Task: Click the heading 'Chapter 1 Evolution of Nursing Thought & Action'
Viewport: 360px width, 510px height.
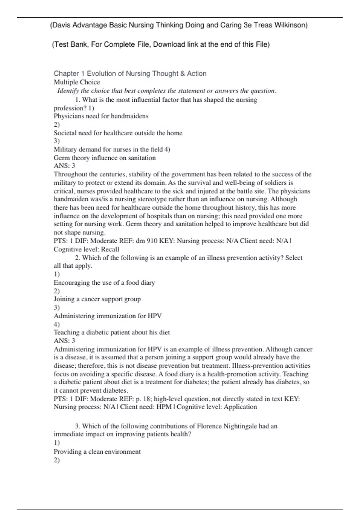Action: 130,73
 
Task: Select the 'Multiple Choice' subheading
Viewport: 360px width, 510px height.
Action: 77,82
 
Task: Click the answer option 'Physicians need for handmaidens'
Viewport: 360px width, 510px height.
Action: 101,116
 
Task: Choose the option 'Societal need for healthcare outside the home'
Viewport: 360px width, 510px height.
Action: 118,133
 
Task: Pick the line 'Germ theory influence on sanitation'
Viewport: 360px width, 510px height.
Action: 105,158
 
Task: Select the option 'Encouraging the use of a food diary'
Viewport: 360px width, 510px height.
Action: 104,283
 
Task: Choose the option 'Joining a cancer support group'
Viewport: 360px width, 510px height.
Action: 97,299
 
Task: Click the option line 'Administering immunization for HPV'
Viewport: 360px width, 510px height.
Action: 108,316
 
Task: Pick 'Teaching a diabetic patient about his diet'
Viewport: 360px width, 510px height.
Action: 112,332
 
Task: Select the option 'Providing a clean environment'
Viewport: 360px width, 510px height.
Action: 97,452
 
